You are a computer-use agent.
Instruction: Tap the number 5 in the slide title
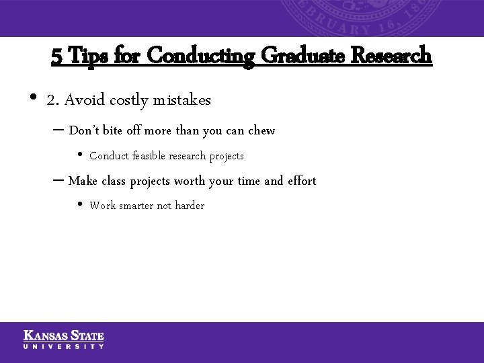point(57,55)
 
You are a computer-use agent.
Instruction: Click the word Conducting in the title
point(200,55)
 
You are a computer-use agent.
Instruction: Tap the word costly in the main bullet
point(129,101)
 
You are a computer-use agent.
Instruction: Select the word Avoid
point(85,101)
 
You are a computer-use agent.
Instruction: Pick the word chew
point(261,130)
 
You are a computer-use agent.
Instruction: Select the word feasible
point(149,156)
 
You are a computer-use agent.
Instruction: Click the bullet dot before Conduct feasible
point(79,156)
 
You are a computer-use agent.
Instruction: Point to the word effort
point(301,181)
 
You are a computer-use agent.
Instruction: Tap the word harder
point(190,206)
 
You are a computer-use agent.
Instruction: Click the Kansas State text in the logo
point(64,335)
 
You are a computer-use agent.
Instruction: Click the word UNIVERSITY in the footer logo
point(64,346)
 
